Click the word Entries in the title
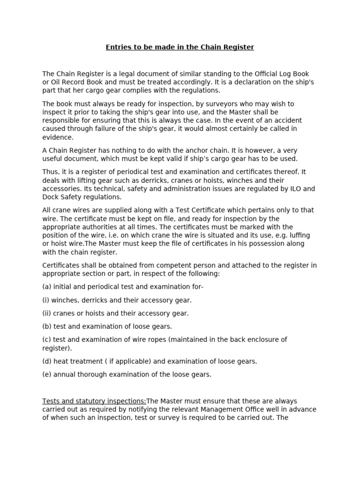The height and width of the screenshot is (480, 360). pos(118,47)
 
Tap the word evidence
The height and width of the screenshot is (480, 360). pos(58,137)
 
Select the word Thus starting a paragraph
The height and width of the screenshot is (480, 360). pos(51,172)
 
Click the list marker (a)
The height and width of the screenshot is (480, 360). pos(47,287)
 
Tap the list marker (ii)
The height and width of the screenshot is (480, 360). pos(48,313)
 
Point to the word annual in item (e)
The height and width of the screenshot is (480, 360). pos(64,374)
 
